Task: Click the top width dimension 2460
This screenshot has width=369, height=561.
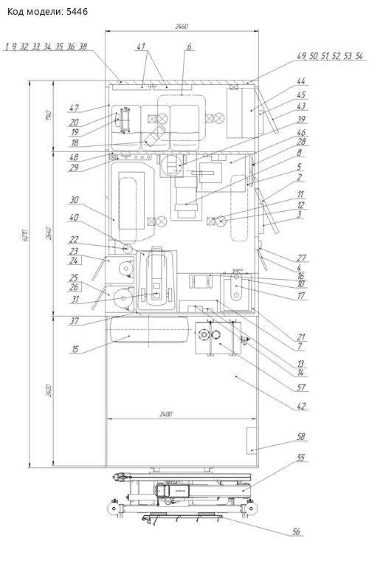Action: tap(182, 27)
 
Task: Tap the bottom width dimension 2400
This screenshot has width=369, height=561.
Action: tap(165, 415)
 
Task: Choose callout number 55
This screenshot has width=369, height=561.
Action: tap(301, 458)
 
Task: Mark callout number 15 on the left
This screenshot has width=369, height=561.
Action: tap(75, 349)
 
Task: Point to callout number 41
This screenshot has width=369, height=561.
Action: tap(142, 47)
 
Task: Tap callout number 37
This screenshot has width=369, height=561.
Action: tap(75, 322)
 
